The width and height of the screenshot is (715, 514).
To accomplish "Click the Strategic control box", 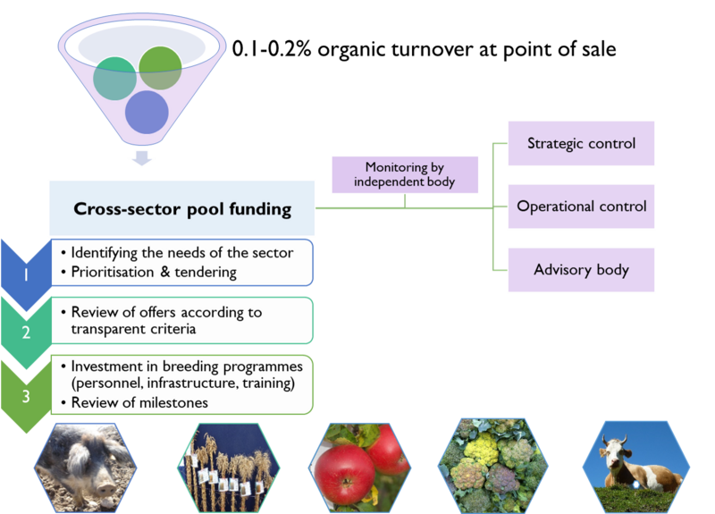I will coord(581,143).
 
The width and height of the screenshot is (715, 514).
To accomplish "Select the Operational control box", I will coord(581,206).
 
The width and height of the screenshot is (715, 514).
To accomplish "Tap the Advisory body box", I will coord(581,269).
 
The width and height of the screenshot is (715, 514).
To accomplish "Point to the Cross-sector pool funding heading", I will coord(181,208).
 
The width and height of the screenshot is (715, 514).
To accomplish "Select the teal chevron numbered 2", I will coord(25,332).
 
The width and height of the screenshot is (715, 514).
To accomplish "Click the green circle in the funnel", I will coord(161,68).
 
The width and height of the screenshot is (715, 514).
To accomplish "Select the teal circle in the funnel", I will coord(115,79).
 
